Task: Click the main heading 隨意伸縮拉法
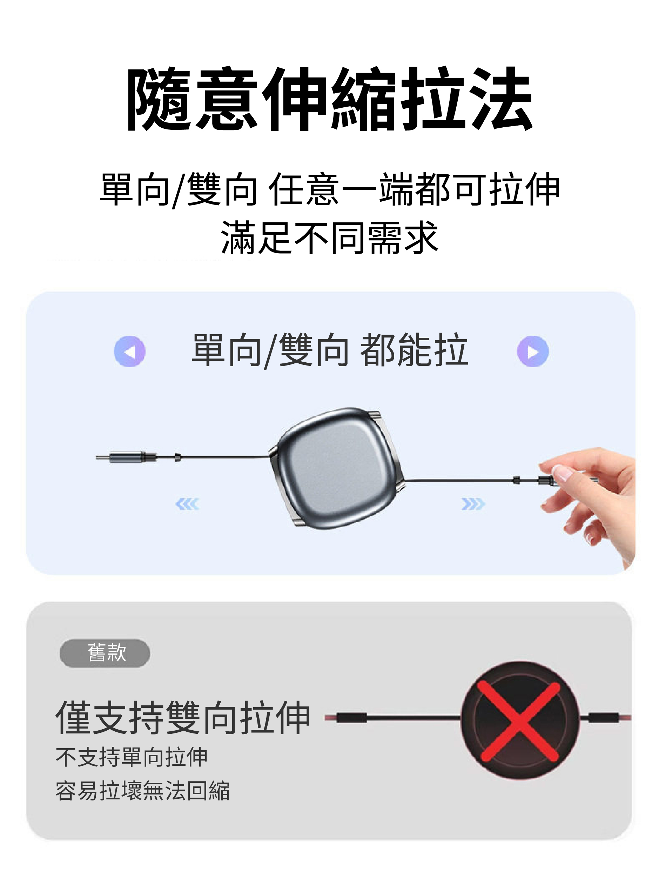[x=330, y=99]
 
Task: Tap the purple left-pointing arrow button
[x=130, y=351]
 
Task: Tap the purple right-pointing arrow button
[x=533, y=351]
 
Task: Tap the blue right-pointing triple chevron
[x=473, y=504]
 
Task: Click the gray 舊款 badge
[x=105, y=653]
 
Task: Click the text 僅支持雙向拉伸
[x=183, y=718]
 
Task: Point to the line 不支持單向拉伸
[x=132, y=758]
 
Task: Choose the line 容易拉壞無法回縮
[x=142, y=791]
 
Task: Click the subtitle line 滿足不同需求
[x=330, y=238]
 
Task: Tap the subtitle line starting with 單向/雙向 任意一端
[x=330, y=190]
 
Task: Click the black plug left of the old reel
[x=351, y=718]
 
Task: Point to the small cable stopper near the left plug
[x=178, y=457]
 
